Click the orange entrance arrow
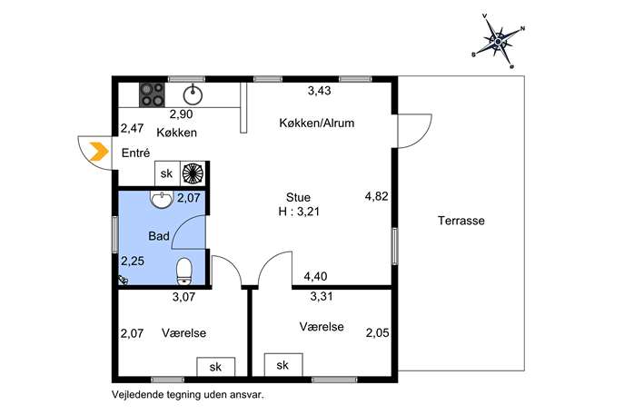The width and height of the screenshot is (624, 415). (100, 152)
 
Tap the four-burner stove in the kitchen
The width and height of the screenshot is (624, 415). (152, 94)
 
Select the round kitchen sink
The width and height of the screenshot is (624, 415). (193, 94)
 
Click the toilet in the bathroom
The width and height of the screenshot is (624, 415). (183, 272)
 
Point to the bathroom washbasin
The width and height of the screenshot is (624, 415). (162, 200)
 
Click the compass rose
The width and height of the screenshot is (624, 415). (498, 41)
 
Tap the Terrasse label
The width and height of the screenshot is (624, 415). (461, 221)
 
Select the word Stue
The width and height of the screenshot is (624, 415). (298, 197)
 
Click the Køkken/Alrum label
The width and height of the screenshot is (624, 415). (317, 123)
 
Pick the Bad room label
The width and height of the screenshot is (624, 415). (159, 236)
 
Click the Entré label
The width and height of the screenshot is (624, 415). (135, 153)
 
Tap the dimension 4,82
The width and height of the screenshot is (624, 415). (376, 196)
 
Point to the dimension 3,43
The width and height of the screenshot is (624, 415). (319, 91)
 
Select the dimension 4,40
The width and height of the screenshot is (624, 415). (315, 276)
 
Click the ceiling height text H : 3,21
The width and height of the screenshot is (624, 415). (299, 212)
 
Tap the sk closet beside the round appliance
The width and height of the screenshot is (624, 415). (167, 173)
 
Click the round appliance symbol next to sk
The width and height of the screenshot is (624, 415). (193, 173)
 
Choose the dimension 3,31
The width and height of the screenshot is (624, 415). (322, 296)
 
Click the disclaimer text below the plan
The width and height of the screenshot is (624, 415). (188, 395)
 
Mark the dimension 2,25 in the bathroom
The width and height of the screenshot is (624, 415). (133, 261)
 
